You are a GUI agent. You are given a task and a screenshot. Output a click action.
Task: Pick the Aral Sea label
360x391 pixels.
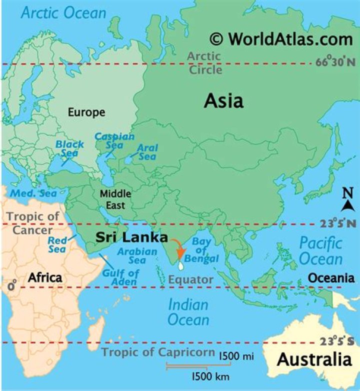click(147, 152)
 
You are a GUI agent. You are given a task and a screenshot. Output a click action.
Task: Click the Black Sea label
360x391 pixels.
click(69, 149)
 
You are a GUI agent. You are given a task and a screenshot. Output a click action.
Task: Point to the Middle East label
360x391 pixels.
click(115, 198)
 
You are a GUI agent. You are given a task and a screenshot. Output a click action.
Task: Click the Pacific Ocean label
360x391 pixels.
click(320, 251)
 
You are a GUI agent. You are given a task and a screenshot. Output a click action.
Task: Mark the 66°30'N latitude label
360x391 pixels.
click(335, 63)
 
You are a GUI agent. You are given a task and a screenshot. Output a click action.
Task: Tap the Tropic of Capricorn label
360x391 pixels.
click(158, 351)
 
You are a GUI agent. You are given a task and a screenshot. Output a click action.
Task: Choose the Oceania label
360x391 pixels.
click(330, 278)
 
